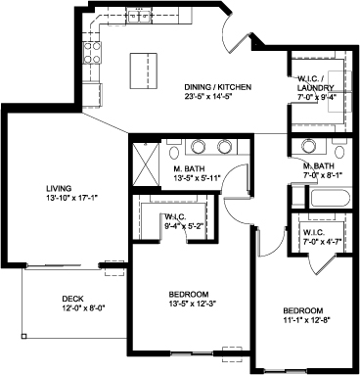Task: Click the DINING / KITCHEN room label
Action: coord(218,87)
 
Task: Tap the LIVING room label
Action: coord(59,188)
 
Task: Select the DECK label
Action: coord(72,299)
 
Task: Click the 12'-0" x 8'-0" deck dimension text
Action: coord(85,307)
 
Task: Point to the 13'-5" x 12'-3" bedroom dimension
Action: coord(193,304)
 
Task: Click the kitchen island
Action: coord(144,70)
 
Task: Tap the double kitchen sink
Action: coord(139,17)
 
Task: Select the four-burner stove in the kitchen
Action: coord(92,53)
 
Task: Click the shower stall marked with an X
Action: coord(147,164)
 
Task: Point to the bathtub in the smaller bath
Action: coord(330,198)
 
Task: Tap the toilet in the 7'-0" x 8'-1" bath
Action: coord(339,149)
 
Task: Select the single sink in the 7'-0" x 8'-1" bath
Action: coord(307,145)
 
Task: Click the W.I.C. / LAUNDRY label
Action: coord(316,83)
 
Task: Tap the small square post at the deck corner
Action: coord(23,336)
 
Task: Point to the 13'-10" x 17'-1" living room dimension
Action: coord(72,198)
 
